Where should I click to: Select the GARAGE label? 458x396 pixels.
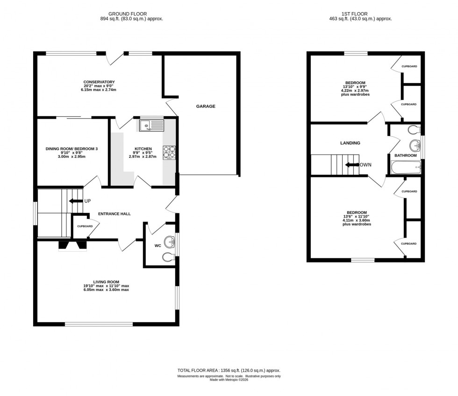pyautogui.click(x=206, y=106)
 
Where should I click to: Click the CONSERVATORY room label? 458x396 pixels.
pyautogui.click(x=99, y=82)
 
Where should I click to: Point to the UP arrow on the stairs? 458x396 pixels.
pyautogui.click(x=74, y=201)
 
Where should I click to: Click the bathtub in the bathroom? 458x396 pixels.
pyautogui.click(x=406, y=166)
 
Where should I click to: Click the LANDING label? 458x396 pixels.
pyautogui.click(x=350, y=143)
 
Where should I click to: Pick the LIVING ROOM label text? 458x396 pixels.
pyautogui.click(x=106, y=282)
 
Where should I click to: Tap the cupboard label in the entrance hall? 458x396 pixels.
pyautogui.click(x=85, y=226)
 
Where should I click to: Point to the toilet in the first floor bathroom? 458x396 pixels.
pyautogui.click(x=414, y=129)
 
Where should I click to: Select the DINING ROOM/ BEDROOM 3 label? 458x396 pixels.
pyautogui.click(x=72, y=148)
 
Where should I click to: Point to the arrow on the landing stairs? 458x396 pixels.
pyautogui.click(x=351, y=165)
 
